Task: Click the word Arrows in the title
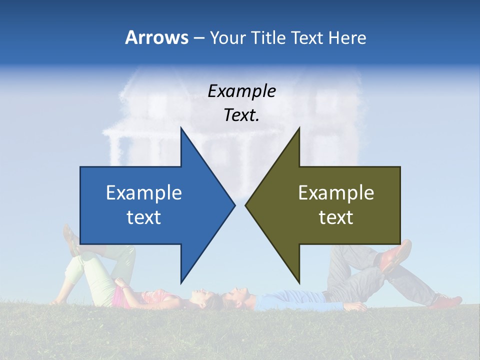click(156, 38)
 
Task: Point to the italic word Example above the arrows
click(242, 91)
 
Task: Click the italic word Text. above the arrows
click(242, 115)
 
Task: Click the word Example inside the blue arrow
click(144, 193)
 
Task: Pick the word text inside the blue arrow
click(144, 217)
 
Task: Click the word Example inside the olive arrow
click(336, 193)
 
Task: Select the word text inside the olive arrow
click(336, 217)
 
